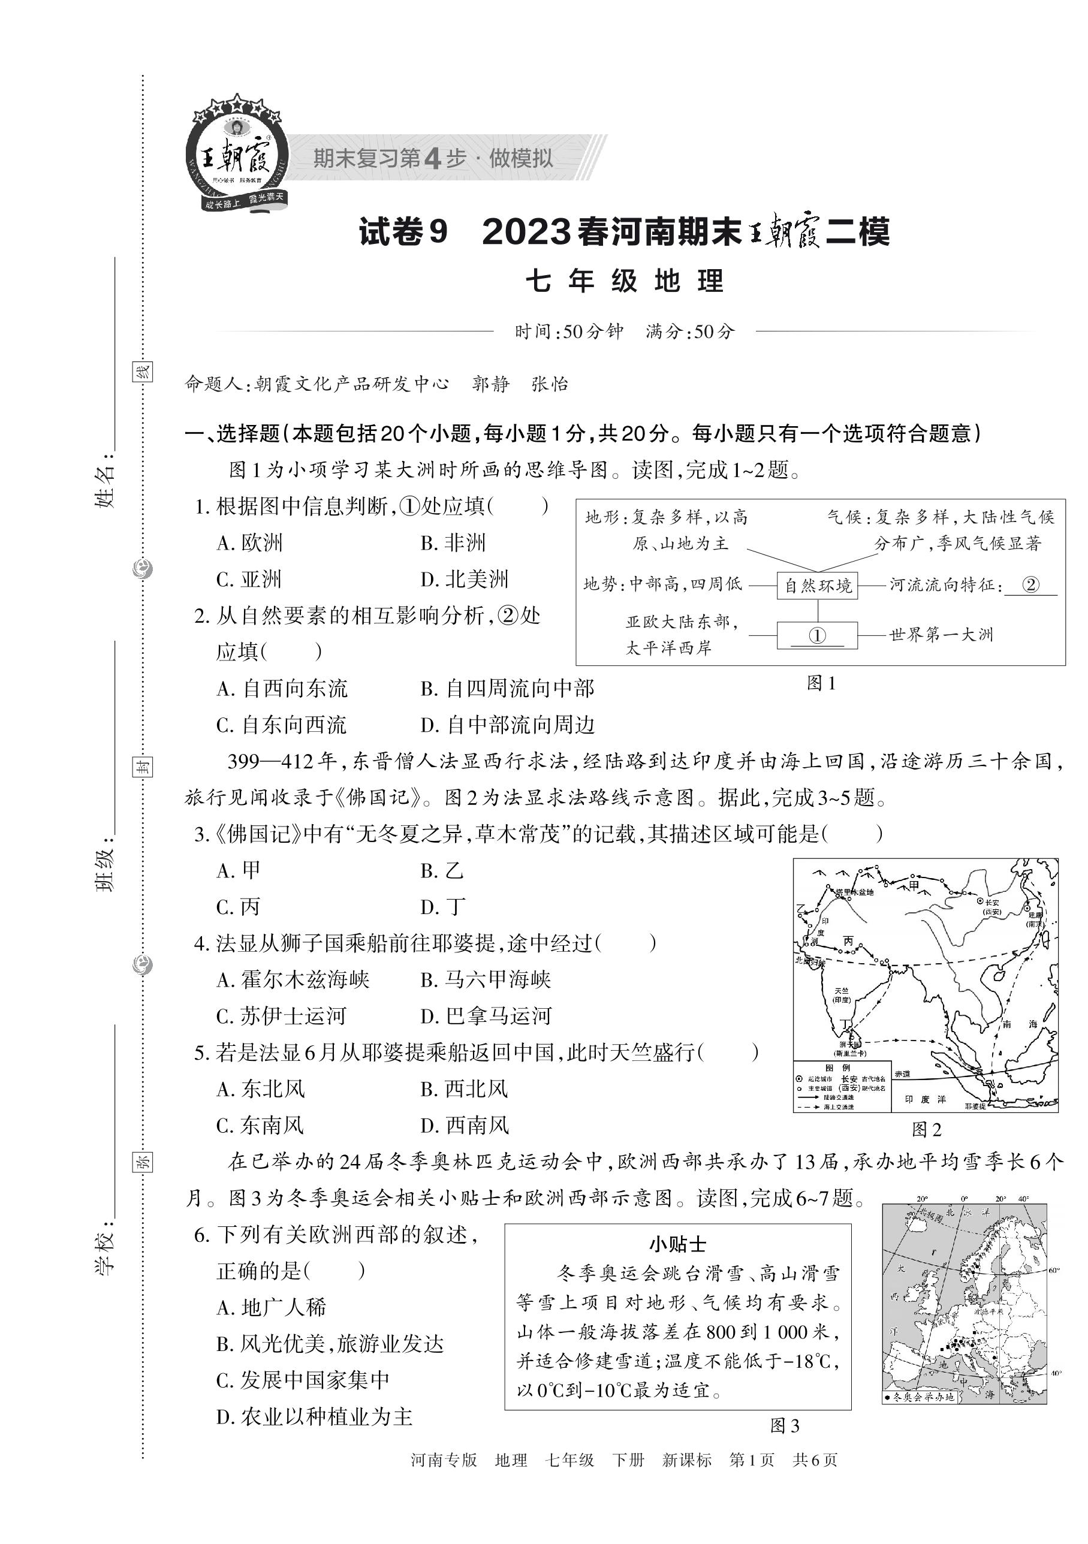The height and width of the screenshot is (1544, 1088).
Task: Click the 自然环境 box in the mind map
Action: click(x=817, y=585)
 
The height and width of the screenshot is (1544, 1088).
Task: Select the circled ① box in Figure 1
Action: click(x=817, y=635)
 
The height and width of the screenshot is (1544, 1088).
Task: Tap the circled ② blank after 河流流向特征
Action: click(x=1030, y=584)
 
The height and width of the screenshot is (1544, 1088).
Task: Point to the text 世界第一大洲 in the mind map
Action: click(x=941, y=635)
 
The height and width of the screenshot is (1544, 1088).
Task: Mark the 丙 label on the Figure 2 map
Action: click(x=849, y=942)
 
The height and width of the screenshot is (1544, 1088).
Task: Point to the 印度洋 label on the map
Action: click(x=926, y=1099)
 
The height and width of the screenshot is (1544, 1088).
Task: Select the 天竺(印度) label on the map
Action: click(x=841, y=995)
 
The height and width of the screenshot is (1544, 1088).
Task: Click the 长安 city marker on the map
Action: click(x=981, y=900)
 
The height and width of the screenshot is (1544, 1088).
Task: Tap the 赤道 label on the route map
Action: click(x=902, y=1074)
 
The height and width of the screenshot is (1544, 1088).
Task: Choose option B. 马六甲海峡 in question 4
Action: click(x=486, y=980)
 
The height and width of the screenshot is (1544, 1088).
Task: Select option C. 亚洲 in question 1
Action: click(x=249, y=579)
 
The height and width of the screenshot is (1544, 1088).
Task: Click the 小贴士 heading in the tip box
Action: click(x=677, y=1244)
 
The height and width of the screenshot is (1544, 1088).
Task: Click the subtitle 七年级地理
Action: click(x=625, y=281)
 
